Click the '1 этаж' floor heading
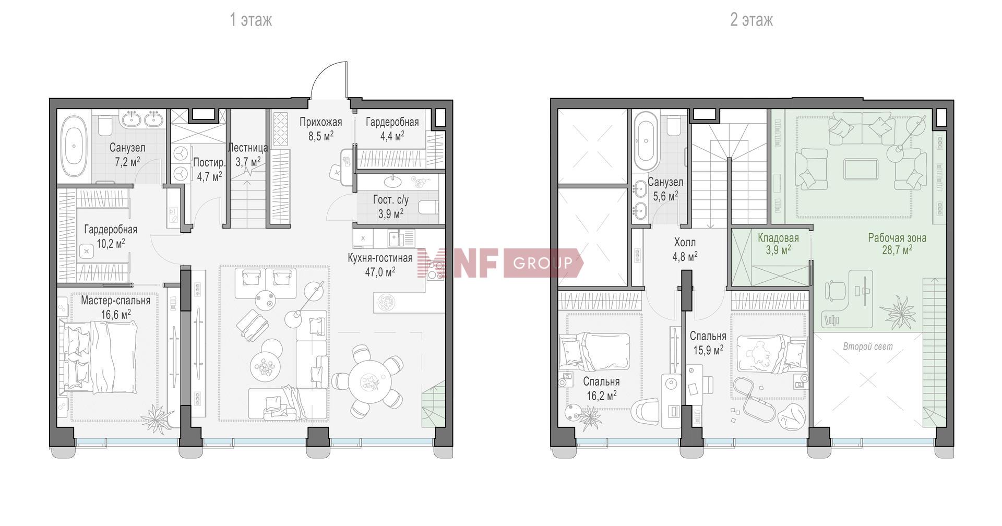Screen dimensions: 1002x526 click(x=251, y=20)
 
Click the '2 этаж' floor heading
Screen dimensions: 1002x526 click(x=751, y=20)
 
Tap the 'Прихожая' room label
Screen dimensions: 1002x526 click(x=321, y=123)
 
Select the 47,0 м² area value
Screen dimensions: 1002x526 click(x=380, y=271)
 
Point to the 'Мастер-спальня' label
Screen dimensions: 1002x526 click(x=115, y=301)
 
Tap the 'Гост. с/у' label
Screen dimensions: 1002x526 click(x=391, y=200)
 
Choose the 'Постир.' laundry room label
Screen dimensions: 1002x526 click(x=209, y=162)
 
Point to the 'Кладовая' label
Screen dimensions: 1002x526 click(x=778, y=238)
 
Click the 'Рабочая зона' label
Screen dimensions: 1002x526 click(x=897, y=238)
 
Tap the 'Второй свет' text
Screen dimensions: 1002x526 click(x=868, y=346)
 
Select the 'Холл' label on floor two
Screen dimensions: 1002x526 click(x=685, y=243)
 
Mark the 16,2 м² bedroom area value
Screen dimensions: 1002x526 click(x=602, y=395)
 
